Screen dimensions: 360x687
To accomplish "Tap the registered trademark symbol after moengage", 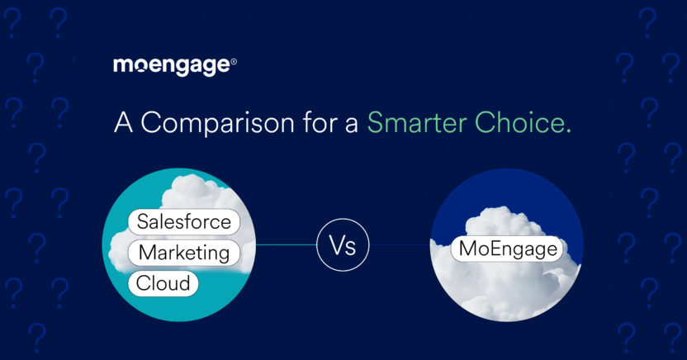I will point(234,62).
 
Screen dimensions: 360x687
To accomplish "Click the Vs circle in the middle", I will point(343,245).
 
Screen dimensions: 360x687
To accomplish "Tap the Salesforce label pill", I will point(184,222).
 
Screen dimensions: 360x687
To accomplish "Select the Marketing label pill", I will point(183,253).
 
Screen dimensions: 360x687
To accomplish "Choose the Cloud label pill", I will point(163,283).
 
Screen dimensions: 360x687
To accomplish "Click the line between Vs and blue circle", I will point(400,245).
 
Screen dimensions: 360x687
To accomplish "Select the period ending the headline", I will point(569,130).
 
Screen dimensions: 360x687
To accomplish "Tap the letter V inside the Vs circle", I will point(336,245).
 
